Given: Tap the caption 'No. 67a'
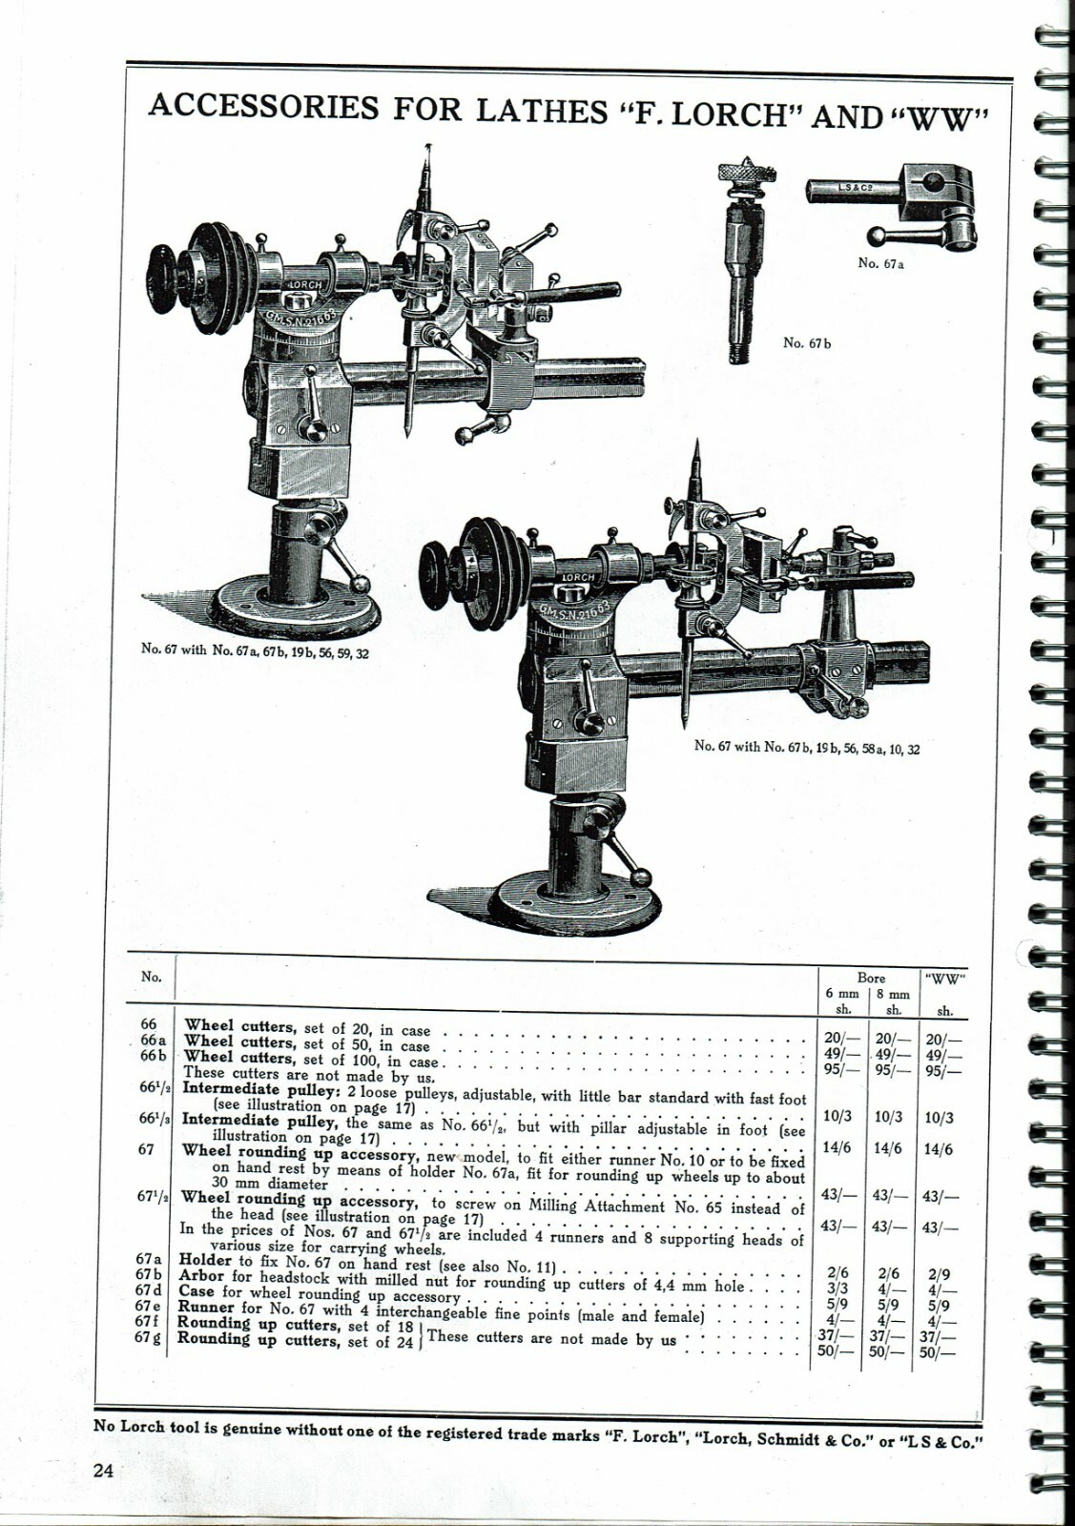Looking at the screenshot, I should (x=880, y=263).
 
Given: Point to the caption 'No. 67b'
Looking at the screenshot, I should (x=806, y=342).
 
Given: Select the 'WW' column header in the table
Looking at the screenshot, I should (x=944, y=978).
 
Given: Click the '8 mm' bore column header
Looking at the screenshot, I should (x=893, y=994).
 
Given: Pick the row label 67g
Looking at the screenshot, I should (x=147, y=1337).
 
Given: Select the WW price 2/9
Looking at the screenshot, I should (x=940, y=1273).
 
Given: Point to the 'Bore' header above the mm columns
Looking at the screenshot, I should (x=870, y=978).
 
